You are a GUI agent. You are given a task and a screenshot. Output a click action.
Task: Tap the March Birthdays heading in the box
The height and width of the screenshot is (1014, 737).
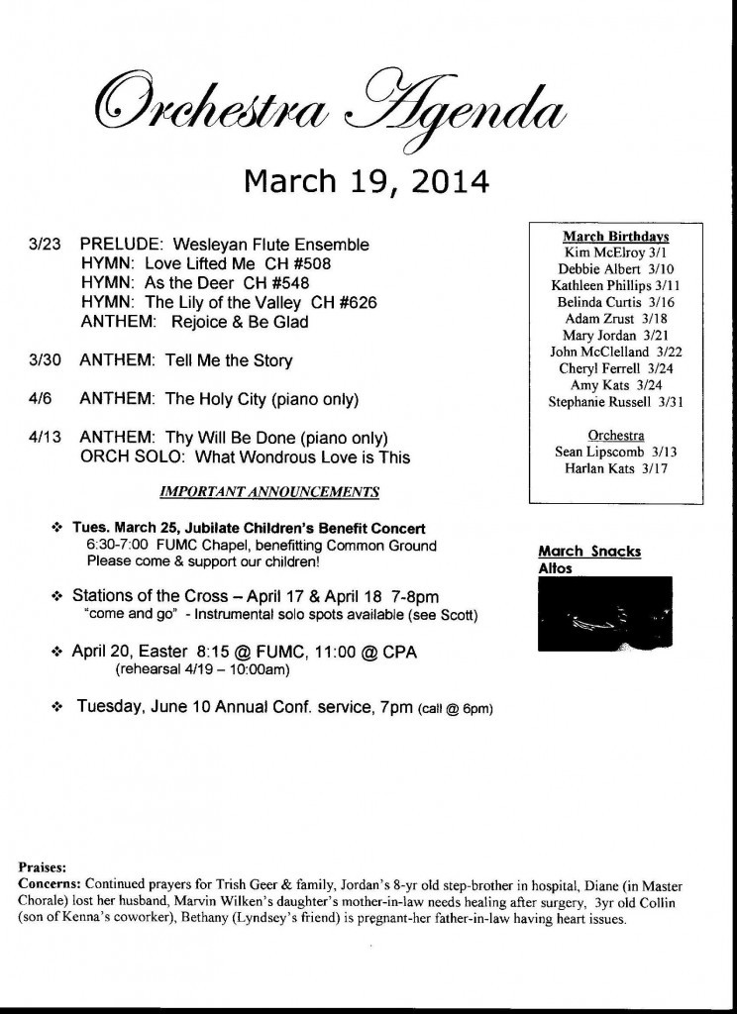tap(615, 237)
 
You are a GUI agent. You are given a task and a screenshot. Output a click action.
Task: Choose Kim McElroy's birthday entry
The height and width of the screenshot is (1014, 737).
tap(615, 253)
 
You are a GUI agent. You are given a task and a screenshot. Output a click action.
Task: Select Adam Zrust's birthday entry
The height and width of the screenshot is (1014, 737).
tap(615, 319)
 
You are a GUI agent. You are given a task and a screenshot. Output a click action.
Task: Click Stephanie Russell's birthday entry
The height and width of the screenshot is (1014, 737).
tap(615, 402)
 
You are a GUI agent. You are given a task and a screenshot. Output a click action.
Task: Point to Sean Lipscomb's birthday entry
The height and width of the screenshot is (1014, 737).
tap(615, 452)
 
